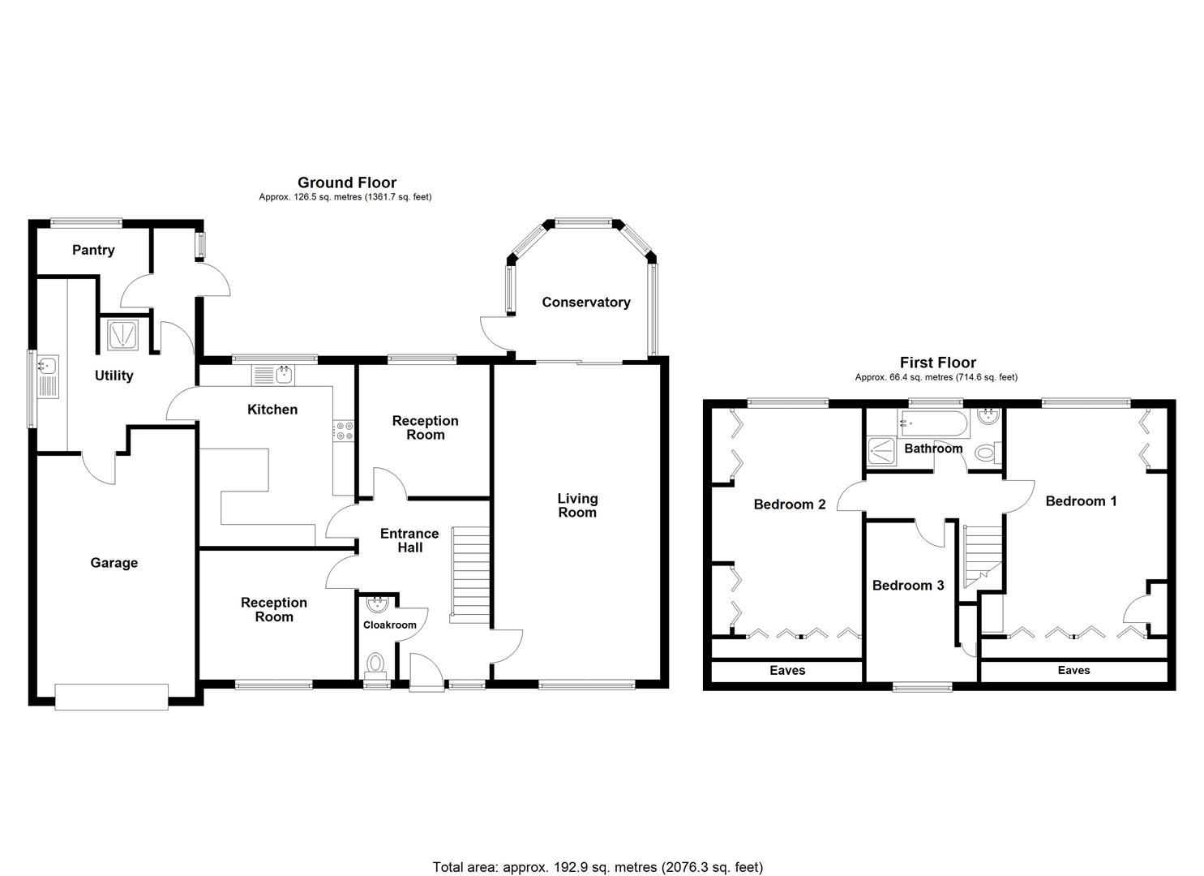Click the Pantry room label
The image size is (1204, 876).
[x=93, y=250]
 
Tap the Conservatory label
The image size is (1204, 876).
[x=585, y=303]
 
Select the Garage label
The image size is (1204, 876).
[x=114, y=563]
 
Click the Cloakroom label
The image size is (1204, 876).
[x=389, y=625]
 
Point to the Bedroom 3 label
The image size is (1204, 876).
[x=907, y=586]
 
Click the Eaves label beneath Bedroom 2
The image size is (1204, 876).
[x=786, y=671]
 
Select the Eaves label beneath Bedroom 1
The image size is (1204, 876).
[x=1073, y=671]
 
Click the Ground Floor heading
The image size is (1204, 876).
[x=346, y=182]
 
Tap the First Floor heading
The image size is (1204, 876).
[x=937, y=363]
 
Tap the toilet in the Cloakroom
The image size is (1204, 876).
[x=375, y=664]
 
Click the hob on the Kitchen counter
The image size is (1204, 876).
[x=344, y=431]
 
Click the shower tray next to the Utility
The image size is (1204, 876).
[x=123, y=335]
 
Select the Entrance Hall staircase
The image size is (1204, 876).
[x=470, y=574]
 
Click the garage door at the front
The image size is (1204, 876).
[x=112, y=696]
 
